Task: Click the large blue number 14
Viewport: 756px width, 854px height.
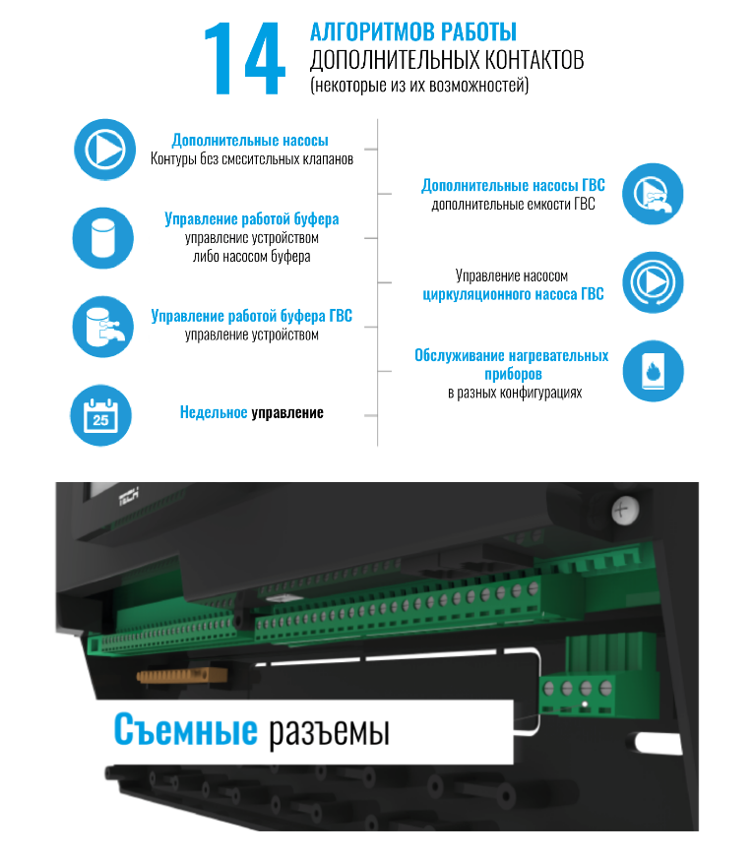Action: [244, 59]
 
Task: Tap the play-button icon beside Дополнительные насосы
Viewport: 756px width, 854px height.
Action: [105, 150]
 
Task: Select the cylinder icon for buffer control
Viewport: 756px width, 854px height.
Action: [103, 238]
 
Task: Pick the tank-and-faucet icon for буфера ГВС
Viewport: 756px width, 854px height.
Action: [103, 327]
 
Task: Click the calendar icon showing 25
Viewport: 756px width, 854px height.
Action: [100, 415]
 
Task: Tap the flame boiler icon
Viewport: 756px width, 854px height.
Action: [653, 372]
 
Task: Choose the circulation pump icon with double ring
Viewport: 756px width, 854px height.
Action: [653, 282]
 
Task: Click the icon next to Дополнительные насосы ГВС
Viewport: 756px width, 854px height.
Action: [653, 194]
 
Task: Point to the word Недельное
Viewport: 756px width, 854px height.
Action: [214, 412]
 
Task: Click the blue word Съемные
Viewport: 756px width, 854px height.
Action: [185, 729]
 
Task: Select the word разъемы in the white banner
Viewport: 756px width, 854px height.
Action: [329, 731]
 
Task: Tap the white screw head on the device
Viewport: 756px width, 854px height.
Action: [621, 511]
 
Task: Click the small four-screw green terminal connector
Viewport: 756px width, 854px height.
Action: [578, 694]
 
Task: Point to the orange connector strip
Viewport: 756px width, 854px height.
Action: [182, 676]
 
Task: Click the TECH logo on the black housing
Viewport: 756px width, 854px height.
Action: [129, 495]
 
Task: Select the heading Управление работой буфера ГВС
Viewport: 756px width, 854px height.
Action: [252, 316]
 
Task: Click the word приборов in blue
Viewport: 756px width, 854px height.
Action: [514, 374]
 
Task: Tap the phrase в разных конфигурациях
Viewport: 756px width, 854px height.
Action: [515, 393]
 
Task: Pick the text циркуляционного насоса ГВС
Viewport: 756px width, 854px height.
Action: [514, 294]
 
